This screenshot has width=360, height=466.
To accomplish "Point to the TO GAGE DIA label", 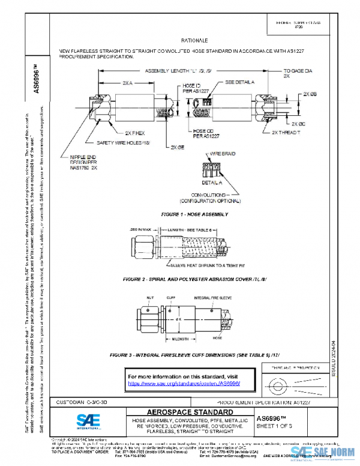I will point(298,71).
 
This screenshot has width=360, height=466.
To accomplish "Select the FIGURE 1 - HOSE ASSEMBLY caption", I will point(194,214).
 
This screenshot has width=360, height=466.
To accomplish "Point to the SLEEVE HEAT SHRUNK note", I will point(187,264).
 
